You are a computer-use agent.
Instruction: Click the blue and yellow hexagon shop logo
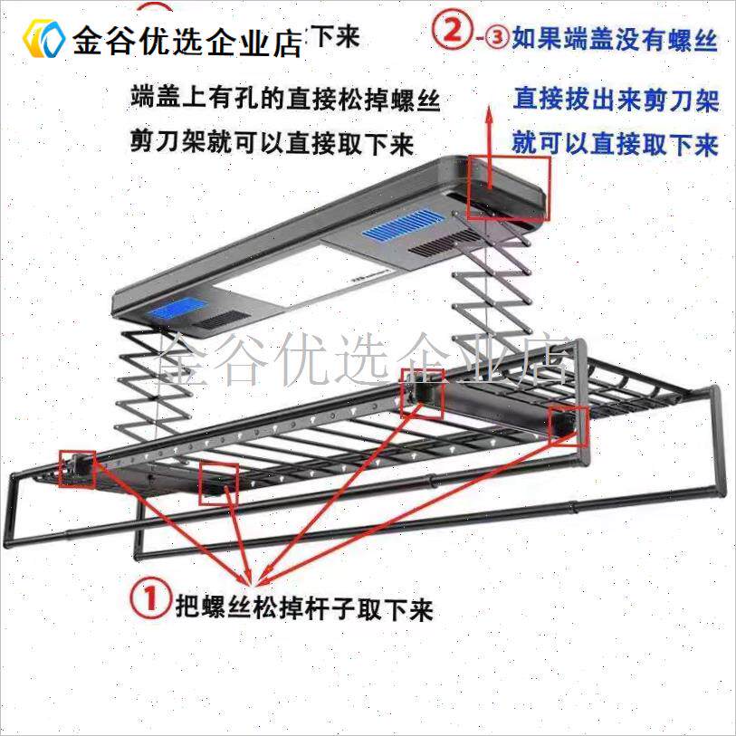(x=43, y=38)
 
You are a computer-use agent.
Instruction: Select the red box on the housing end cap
(x=509, y=188)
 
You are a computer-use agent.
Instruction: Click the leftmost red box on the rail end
(x=77, y=469)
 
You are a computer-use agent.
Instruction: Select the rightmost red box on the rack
(x=569, y=424)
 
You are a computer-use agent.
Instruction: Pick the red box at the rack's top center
(x=422, y=392)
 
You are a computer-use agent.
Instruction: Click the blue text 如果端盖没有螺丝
(x=615, y=40)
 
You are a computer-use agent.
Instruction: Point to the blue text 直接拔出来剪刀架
(x=617, y=99)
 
